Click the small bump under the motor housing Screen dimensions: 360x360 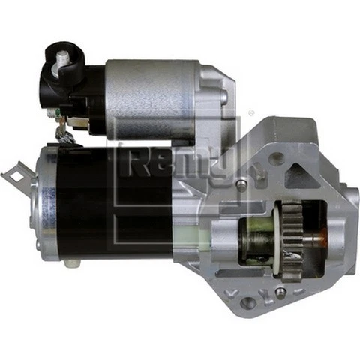pyautogui.click(x=72, y=262)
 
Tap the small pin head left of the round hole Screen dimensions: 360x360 pyautogui.click(x=241, y=183)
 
